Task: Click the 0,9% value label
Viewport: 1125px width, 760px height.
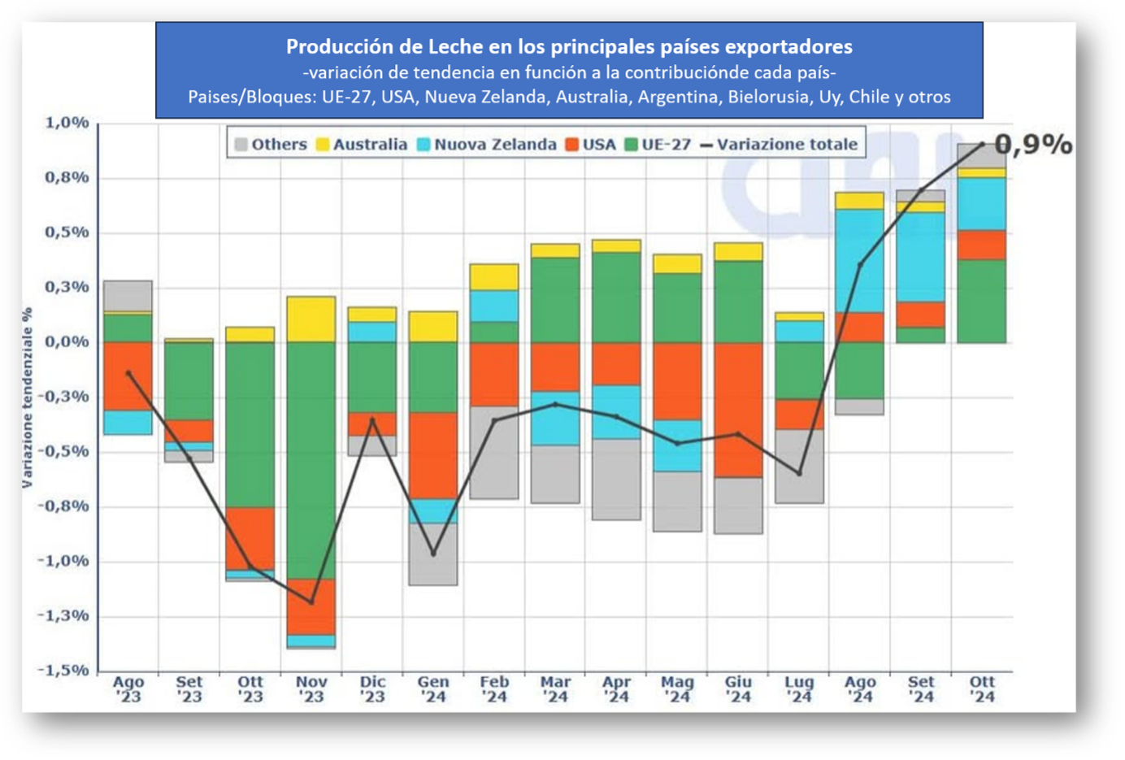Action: click(x=1033, y=145)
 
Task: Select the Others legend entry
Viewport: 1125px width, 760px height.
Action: click(x=271, y=145)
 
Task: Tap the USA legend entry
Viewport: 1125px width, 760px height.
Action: click(x=590, y=145)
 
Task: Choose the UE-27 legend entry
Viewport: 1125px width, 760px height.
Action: click(x=658, y=145)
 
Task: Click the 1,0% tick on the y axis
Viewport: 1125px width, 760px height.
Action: click(x=67, y=123)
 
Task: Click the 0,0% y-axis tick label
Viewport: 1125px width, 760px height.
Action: click(x=67, y=342)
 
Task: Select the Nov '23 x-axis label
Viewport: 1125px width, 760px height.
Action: click(x=311, y=689)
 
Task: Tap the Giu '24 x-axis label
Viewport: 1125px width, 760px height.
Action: click(x=738, y=689)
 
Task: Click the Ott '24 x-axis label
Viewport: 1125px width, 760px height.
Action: click(x=982, y=689)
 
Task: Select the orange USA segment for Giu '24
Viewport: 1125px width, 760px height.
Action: click(x=738, y=409)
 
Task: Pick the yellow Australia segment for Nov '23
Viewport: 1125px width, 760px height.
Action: click(x=311, y=319)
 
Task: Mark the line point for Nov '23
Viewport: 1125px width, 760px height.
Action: click(x=311, y=602)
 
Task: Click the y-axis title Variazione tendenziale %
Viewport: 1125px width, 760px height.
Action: click(x=28, y=397)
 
